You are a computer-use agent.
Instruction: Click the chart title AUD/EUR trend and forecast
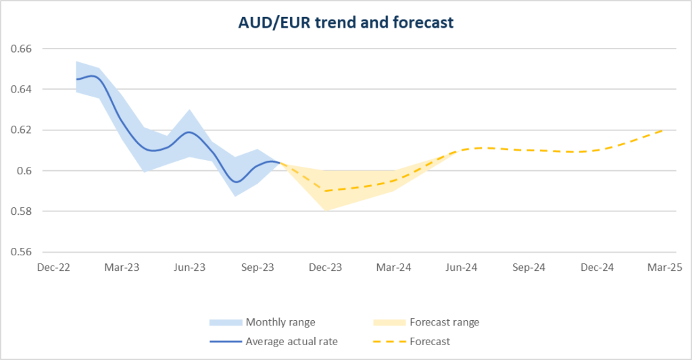point(345,22)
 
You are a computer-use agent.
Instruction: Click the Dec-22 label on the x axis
point(53,267)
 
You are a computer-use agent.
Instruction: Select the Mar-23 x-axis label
point(122,267)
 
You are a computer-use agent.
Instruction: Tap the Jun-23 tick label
point(189,267)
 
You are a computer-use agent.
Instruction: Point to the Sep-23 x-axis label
point(257,267)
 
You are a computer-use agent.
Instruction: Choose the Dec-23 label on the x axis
point(325,267)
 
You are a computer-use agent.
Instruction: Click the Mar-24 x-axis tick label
point(393,267)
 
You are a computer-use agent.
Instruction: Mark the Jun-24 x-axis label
point(462,267)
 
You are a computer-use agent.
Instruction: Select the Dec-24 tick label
point(597,267)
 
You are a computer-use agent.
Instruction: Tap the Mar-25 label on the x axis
point(665,267)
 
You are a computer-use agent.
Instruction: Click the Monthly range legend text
point(280,322)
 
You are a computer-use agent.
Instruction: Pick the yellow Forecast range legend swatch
point(389,322)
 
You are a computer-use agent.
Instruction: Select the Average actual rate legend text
point(291,342)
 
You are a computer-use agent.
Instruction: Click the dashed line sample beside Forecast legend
point(389,342)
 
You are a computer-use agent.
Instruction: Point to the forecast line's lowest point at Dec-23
point(326,190)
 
